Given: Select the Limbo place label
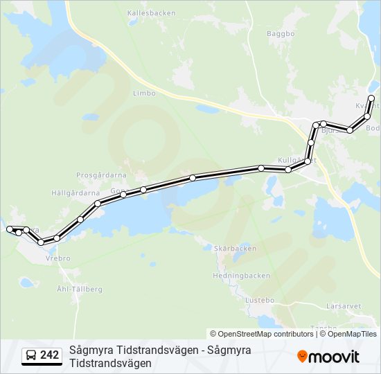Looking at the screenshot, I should (144, 93).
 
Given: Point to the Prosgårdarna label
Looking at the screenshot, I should (99, 175).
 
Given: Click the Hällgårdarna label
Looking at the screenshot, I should (76, 193).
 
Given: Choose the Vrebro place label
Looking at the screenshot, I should (57, 258).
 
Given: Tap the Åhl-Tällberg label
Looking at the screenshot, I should (80, 288).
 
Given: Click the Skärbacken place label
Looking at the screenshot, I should (236, 249).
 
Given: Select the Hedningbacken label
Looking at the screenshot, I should (241, 275).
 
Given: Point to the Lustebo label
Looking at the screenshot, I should (260, 300).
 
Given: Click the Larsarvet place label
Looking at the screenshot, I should (344, 305).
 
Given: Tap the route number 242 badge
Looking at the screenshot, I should (49, 355).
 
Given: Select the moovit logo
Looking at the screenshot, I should (328, 357).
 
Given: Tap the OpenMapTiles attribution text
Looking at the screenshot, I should (352, 334).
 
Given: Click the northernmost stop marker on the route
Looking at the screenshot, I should (372, 98).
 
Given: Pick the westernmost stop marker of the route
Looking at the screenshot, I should (9, 229).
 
